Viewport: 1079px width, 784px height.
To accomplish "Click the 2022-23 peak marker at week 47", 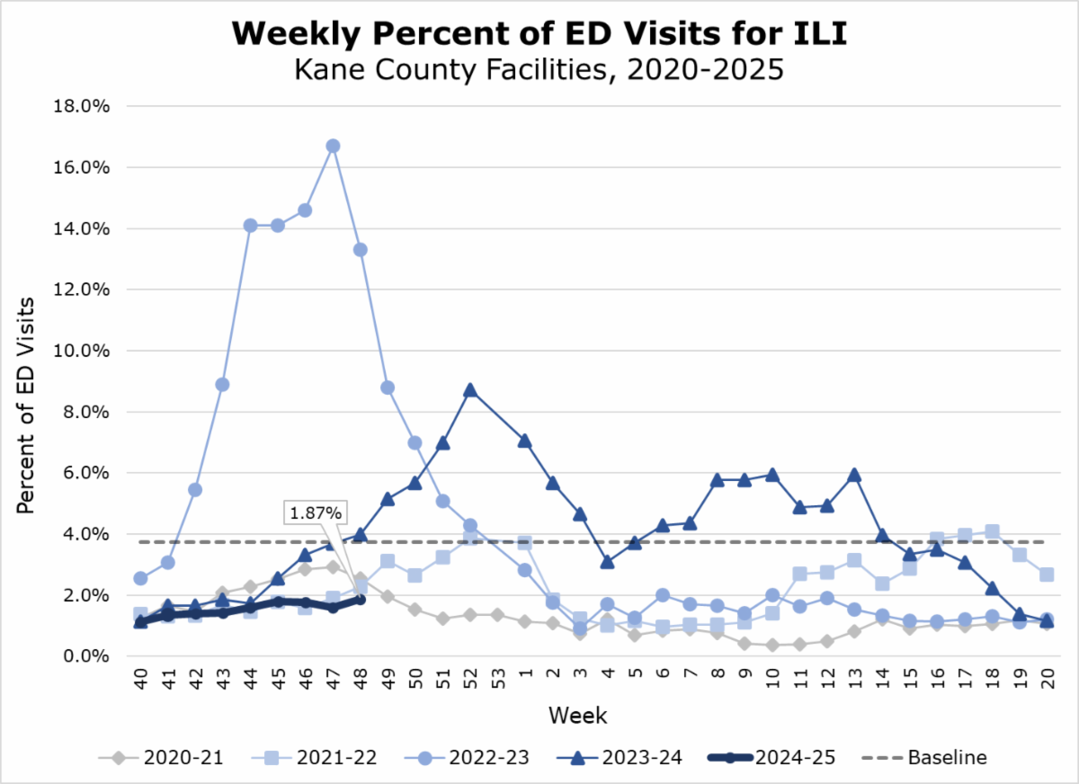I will pos(333,146).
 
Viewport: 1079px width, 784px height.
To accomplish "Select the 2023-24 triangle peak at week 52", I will pos(469,390).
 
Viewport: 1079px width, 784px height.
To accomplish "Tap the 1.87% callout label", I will pos(315,513).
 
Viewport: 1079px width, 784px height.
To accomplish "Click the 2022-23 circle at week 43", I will pos(222,385).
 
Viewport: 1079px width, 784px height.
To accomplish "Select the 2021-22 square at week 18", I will pos(992,531).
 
